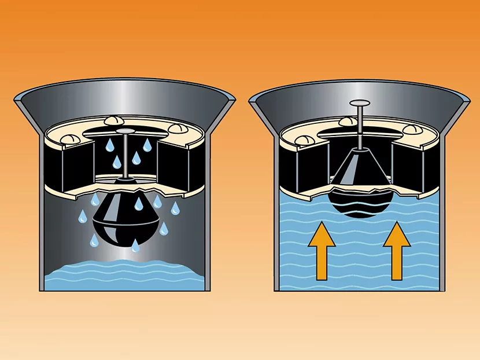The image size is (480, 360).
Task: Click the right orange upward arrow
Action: coord(397,248)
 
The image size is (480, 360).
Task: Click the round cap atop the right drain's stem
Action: coord(359,104)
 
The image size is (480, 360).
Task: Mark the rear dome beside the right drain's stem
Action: coord(347,121)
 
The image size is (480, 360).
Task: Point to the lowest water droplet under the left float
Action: coord(136,246)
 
